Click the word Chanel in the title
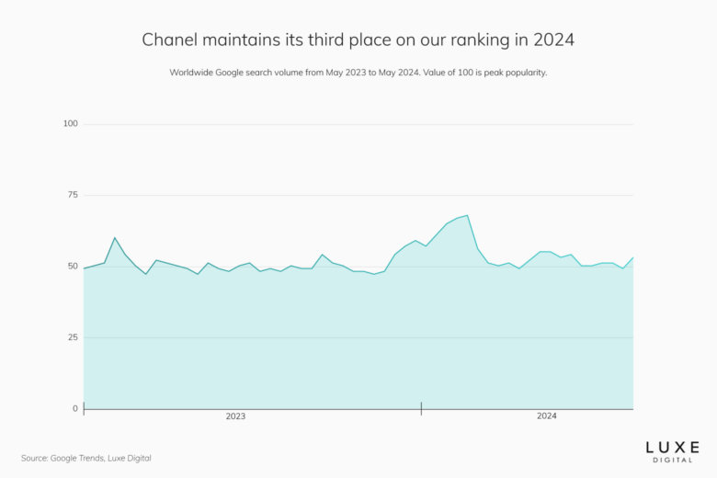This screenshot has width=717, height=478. point(167,40)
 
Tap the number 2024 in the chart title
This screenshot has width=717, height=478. point(554,40)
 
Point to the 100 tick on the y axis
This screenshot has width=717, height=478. point(71,123)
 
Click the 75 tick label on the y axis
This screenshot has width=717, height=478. point(73,195)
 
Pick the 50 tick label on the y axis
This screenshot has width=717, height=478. point(73,267)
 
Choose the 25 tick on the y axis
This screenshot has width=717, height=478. point(73,337)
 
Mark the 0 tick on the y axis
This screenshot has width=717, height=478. point(75,408)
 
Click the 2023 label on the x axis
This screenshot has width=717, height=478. point(235,416)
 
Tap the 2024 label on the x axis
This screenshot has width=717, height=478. point(547,416)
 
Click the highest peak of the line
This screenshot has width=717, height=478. point(468,215)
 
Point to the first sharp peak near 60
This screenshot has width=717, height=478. point(115,238)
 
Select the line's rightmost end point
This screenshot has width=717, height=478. point(633,257)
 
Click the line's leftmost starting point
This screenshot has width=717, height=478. point(84,268)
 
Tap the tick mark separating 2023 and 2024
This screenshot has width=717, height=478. point(422,408)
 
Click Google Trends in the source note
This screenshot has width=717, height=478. point(76,458)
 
